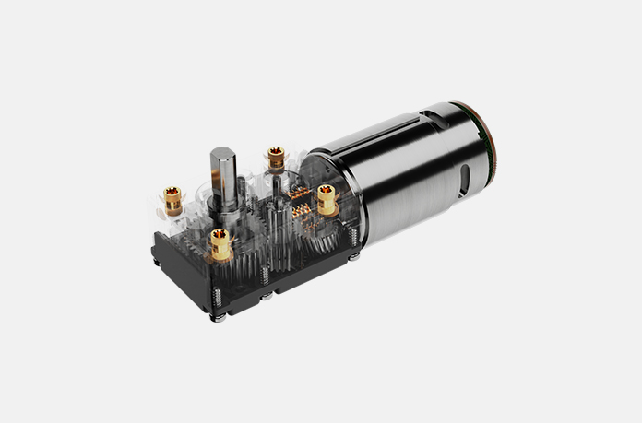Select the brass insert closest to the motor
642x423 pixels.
(x=327, y=196)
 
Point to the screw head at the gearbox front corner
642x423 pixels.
(x=221, y=318)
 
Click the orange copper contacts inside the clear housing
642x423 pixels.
(x=301, y=206)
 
